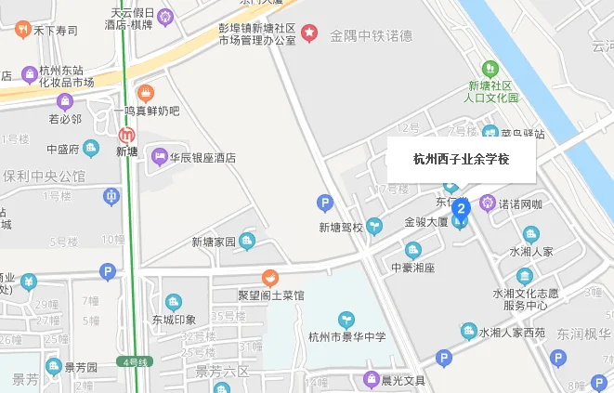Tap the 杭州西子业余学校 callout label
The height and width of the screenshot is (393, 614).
tap(461, 159)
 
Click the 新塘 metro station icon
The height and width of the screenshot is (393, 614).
tap(125, 131)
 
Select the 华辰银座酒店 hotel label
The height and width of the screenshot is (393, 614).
tap(202, 157)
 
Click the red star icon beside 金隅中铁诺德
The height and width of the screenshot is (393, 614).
tap(310, 34)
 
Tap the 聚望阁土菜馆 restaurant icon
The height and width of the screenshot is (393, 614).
tap(270, 277)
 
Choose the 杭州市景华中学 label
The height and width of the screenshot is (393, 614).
tap(346, 335)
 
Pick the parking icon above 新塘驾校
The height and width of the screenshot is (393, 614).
tap(324, 202)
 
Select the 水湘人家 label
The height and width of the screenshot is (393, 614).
tap(530, 251)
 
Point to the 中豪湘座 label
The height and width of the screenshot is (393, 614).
tap(412, 268)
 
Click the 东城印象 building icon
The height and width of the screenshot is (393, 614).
tap(174, 302)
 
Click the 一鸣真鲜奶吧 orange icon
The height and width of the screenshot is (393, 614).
tap(145, 92)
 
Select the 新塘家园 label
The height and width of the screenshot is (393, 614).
tap(215, 242)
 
